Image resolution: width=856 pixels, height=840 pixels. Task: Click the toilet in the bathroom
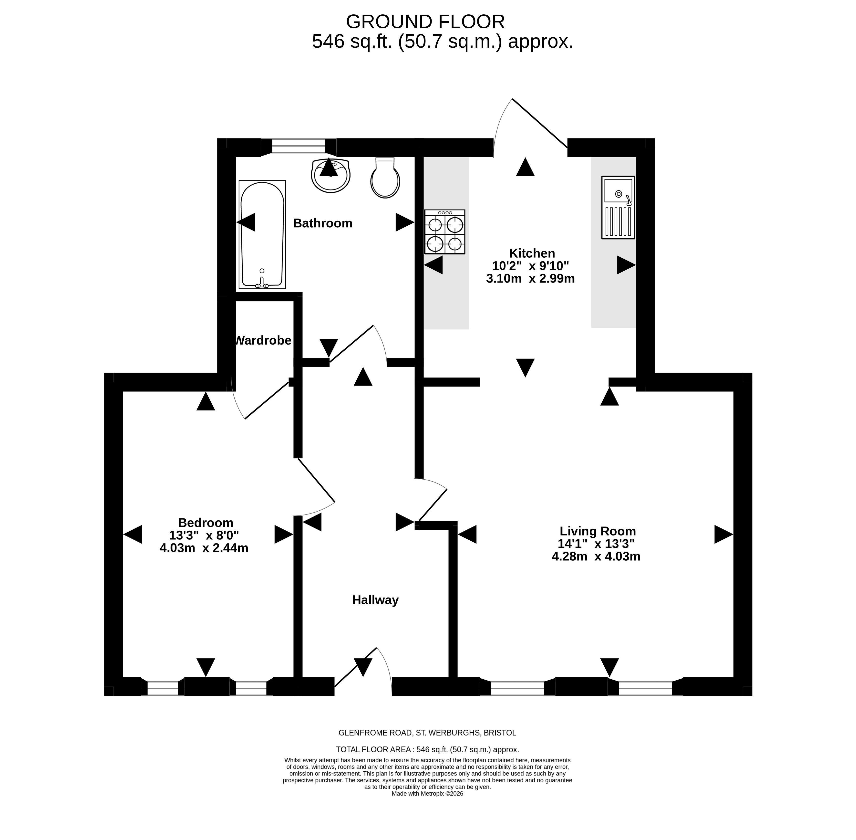385,178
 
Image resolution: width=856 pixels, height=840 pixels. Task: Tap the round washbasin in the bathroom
330,176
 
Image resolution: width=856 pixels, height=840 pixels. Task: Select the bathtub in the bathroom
262,235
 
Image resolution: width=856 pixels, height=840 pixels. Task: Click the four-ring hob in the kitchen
444,232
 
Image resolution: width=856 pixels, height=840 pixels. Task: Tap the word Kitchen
532,253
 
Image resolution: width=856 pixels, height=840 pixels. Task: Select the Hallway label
375,600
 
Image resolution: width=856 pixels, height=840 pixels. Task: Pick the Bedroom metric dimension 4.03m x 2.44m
204,548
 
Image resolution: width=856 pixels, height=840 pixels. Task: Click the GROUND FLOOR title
425,22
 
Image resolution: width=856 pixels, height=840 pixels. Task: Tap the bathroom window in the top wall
299,146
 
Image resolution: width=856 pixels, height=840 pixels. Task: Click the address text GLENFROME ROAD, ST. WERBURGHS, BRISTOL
427,733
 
